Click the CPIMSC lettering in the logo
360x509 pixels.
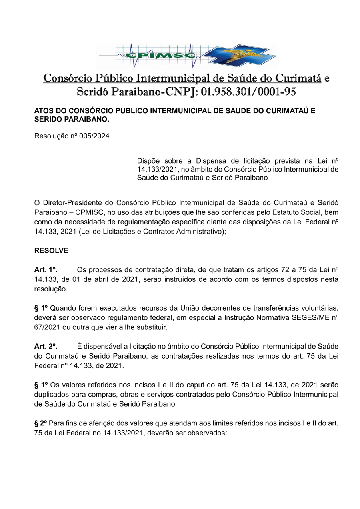pos(160,55)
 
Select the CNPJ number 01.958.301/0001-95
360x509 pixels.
pos(248,92)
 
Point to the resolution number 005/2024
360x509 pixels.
pos(96,136)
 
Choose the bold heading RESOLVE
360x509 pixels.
pos(51,251)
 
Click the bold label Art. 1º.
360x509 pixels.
pos(46,270)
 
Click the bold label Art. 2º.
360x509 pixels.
pos(46,346)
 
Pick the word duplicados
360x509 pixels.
pos(51,395)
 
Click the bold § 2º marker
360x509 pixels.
pos(41,423)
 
